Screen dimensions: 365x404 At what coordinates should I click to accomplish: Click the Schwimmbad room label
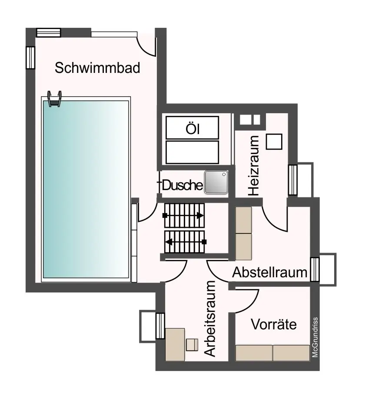click(97, 68)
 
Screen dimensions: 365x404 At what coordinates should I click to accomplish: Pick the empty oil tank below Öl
click(192, 152)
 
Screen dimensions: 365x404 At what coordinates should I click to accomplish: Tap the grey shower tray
click(216, 182)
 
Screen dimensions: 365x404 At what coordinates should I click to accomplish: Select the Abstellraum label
click(270, 273)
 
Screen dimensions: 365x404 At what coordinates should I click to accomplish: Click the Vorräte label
click(274, 324)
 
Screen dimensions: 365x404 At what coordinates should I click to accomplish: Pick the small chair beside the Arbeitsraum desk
click(192, 345)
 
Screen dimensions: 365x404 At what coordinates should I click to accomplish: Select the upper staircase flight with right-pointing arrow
click(183, 215)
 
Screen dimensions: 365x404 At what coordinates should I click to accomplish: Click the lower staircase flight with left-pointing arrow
click(184, 241)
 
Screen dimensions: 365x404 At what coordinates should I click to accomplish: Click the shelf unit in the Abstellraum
click(243, 233)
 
